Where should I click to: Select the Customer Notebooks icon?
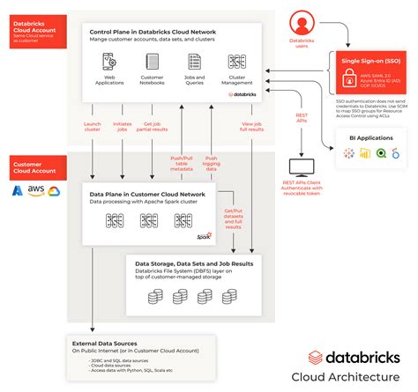pos(152,61)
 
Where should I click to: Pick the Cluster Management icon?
pos(236,61)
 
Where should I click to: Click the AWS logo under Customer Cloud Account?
pos(36,190)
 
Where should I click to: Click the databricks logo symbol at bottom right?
pos(316,358)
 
